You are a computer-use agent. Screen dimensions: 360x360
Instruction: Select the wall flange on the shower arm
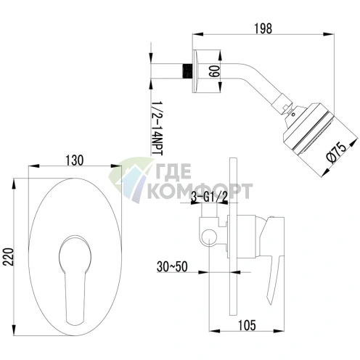[x=200, y=72]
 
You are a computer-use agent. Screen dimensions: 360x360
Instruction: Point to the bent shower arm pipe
[x=247, y=81]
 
